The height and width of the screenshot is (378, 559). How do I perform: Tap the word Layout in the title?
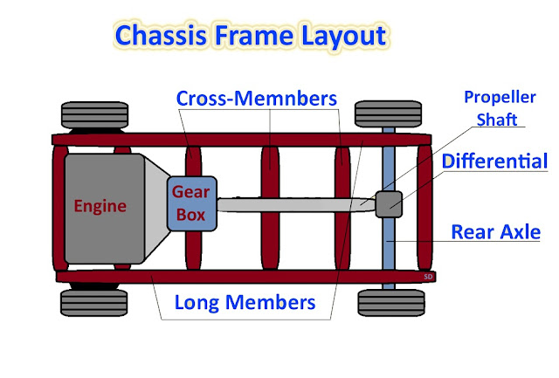coord(342,36)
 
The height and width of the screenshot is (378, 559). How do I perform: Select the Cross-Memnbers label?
coord(257,98)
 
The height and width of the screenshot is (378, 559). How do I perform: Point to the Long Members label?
coord(245,303)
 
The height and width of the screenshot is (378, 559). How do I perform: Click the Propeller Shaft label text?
coord(492,108)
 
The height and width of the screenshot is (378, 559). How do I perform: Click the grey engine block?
coord(101,206)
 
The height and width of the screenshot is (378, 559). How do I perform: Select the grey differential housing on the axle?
coord(389,204)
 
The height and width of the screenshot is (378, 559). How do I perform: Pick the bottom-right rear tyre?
coord(384,301)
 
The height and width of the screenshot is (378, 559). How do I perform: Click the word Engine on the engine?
coord(100,207)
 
